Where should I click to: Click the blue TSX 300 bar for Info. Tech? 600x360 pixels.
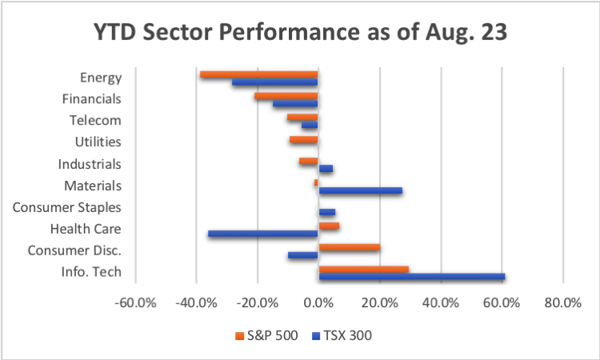tap(411, 277)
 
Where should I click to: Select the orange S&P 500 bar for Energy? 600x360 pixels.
tap(258, 74)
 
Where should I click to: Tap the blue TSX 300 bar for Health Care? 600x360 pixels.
tap(262, 234)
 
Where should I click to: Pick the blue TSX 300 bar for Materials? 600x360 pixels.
tap(360, 190)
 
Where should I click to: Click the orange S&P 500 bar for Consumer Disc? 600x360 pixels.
tap(349, 247)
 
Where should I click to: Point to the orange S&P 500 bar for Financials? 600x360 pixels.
tap(286, 96)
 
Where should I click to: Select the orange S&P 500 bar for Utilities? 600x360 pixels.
tap(304, 139)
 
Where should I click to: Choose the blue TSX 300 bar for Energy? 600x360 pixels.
tap(274, 82)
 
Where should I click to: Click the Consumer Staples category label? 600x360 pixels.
tap(67, 207)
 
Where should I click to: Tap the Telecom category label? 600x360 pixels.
tap(95, 121)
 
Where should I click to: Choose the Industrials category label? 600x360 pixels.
tap(90, 164)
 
